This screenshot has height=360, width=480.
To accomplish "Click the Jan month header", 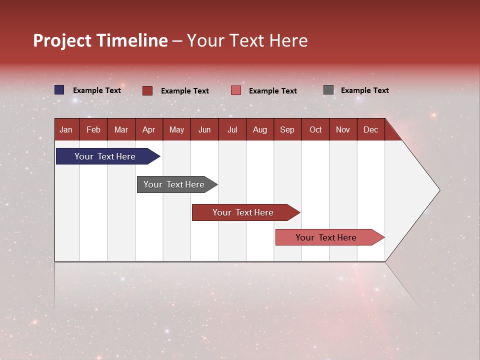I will [66, 130].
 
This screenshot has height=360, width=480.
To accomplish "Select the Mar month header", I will [121, 130].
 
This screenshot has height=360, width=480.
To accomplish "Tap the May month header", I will [176, 130].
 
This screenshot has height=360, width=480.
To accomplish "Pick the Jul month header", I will [232, 130].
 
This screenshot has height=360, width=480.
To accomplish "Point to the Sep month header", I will [287, 130].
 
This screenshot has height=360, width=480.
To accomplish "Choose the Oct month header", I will [315, 130].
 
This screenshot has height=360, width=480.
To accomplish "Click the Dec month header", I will [370, 130].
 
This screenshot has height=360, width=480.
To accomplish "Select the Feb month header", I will [93, 130].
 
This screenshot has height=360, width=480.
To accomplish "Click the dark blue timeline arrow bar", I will [105, 156].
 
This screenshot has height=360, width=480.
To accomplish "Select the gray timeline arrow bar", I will [174, 184].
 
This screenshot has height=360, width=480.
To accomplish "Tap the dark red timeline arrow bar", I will [243, 212].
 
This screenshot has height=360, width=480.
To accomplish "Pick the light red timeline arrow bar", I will [326, 237].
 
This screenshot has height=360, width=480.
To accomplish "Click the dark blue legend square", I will [59, 90].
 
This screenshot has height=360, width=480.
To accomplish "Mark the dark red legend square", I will [147, 90].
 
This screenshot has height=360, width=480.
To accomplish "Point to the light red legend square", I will [236, 90].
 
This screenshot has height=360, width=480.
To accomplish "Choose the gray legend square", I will [328, 90].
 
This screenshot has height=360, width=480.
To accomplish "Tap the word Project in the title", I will [62, 40].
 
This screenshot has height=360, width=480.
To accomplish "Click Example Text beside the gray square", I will [364, 90].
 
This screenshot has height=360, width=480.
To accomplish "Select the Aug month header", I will [259, 130].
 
